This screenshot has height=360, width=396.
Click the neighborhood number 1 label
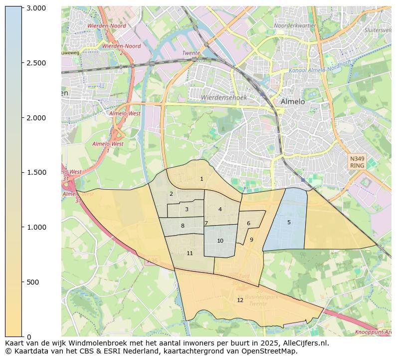(201, 179)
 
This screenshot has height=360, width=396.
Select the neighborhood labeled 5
(289, 222)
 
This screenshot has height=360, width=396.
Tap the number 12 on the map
(240, 300)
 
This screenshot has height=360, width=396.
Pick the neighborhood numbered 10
(220, 241)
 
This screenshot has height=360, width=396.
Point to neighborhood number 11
(190, 254)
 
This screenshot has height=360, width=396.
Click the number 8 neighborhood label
(183, 226)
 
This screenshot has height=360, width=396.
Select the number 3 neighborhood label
(187, 209)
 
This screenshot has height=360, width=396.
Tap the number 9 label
(251, 240)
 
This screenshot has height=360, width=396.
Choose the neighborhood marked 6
(248, 223)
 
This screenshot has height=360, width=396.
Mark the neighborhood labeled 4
(220, 209)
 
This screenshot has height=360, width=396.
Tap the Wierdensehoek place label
(224, 98)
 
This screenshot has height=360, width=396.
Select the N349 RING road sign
(357, 162)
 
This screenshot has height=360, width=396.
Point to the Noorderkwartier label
(295, 25)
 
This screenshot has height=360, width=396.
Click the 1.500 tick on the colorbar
(36, 172)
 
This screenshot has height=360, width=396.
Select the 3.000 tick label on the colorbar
(36, 8)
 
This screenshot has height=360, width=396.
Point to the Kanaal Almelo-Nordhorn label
(320, 67)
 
